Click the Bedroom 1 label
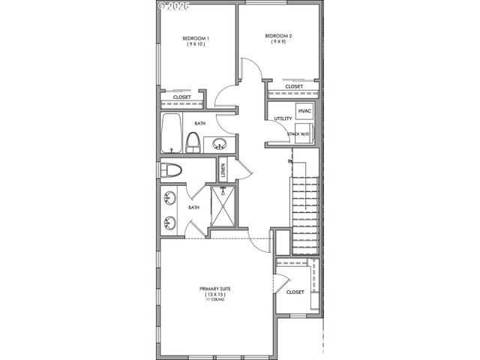[196, 38]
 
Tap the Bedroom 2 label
[277, 35]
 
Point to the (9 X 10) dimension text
[196, 45]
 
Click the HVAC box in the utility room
[304, 111]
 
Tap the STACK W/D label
[298, 134]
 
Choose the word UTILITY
[283, 119]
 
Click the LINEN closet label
[223, 170]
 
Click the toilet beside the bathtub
[193, 142]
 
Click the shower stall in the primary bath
[223, 205]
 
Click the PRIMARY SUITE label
[214, 289]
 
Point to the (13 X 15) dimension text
[214, 295]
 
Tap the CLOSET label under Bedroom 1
[182, 97]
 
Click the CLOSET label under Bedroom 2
[294, 86]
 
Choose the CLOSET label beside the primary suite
[295, 292]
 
